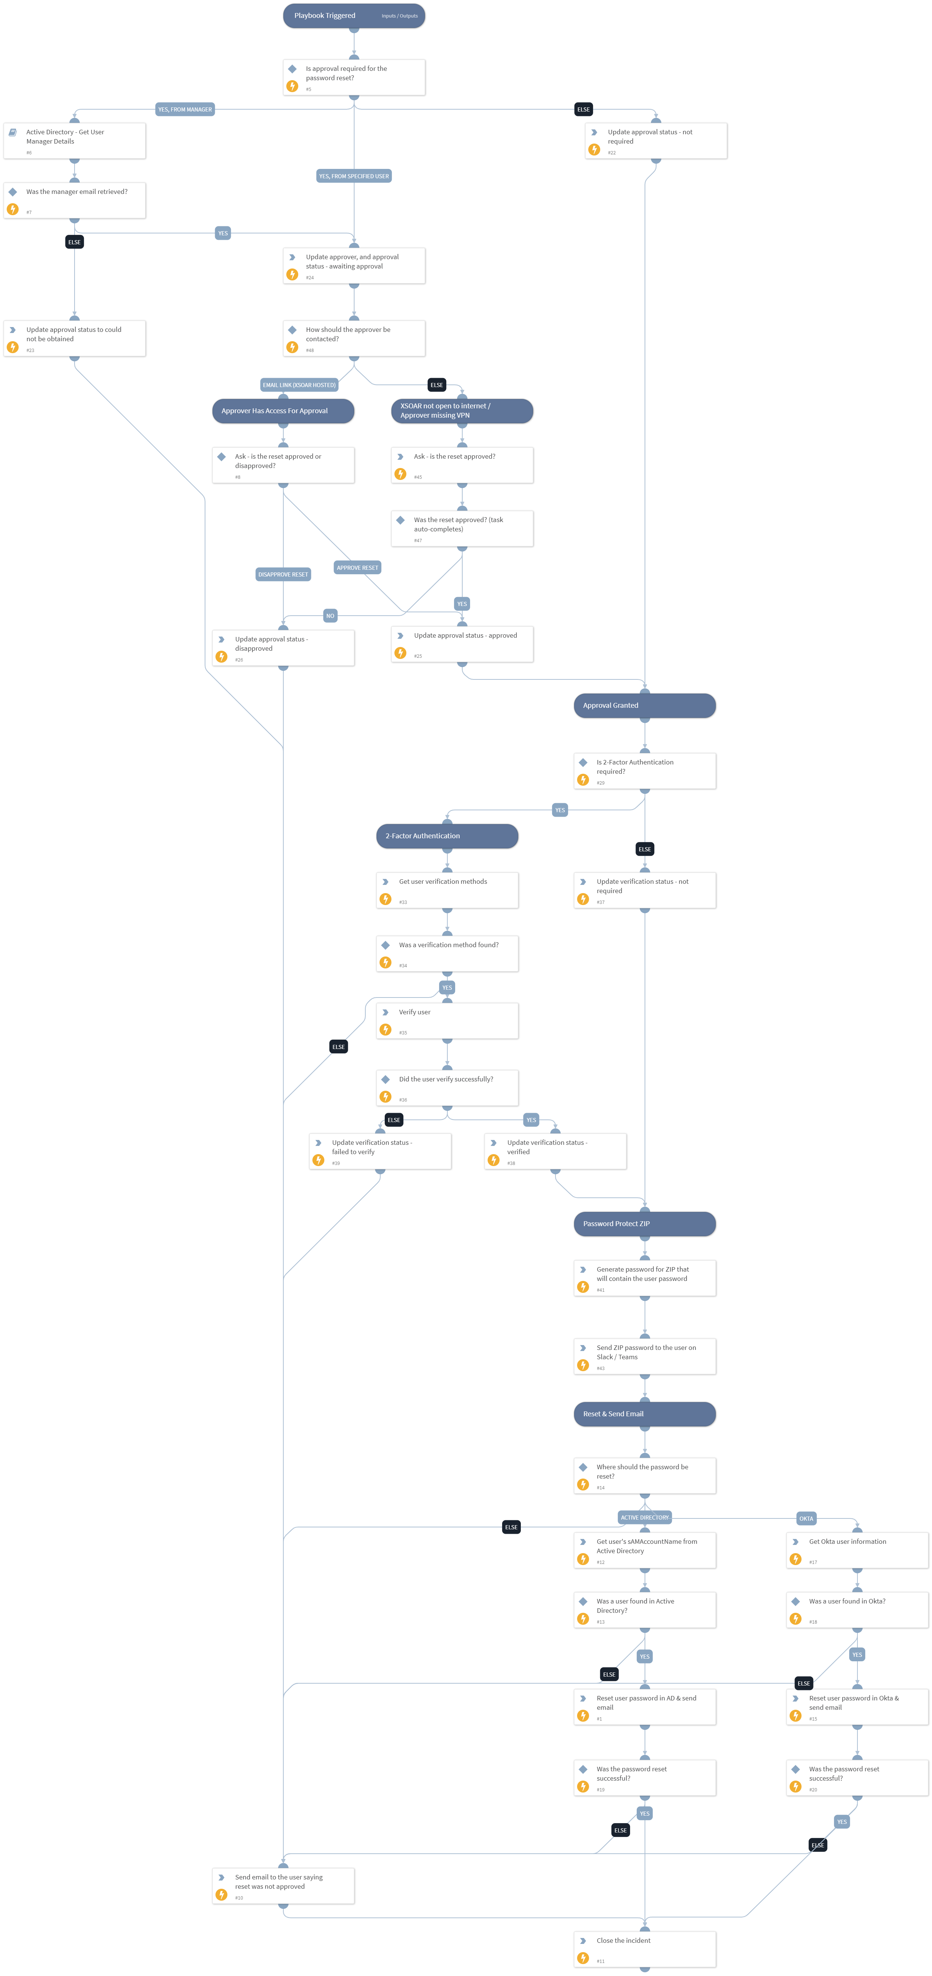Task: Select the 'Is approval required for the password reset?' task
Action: point(354,78)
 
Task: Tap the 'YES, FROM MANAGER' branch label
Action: point(185,110)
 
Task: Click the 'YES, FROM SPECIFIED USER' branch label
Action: point(354,176)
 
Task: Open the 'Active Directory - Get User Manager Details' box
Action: point(75,141)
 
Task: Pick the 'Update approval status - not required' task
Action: point(656,141)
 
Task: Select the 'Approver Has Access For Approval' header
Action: point(283,411)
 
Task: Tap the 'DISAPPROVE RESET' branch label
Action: point(283,575)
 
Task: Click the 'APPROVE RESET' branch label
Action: point(358,568)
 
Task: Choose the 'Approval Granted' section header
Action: point(644,706)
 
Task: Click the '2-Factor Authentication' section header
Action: point(447,836)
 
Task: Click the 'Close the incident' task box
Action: point(644,1949)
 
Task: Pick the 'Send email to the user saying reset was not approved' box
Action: point(283,1885)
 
